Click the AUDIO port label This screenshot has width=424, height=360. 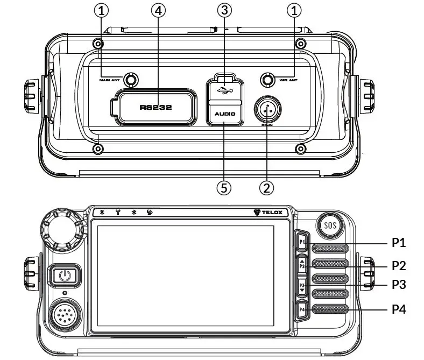tap(225, 115)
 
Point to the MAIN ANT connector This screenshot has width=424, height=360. tap(130, 80)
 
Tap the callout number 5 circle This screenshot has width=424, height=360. tap(224, 187)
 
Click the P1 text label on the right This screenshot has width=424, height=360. tap(398, 243)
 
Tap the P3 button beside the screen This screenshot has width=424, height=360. tap(302, 286)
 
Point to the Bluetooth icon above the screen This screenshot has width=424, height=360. tap(134, 212)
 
